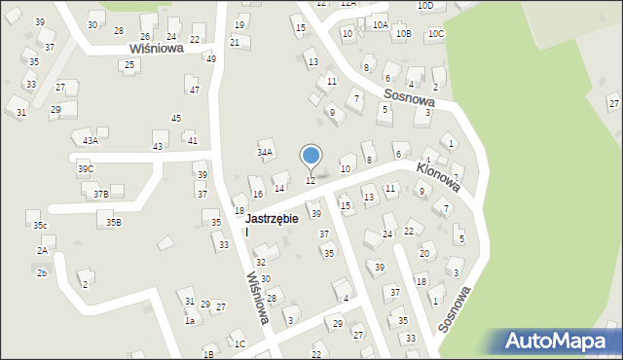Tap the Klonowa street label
(437, 174)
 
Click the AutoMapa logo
(559, 342)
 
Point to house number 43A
(91, 141)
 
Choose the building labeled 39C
(86, 169)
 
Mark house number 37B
(101, 194)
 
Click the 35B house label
(114, 223)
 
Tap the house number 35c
(40, 226)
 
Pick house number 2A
(43, 251)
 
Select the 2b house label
(42, 273)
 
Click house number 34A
(265, 153)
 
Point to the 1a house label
(191, 321)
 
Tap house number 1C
(239, 343)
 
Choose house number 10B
(403, 34)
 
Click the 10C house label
(436, 34)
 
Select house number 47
(195, 90)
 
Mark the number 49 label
(210, 58)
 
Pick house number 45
(176, 119)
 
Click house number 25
(129, 65)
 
